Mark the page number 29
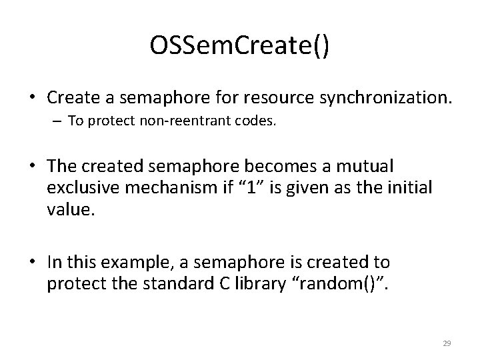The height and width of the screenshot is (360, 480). (x=447, y=343)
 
